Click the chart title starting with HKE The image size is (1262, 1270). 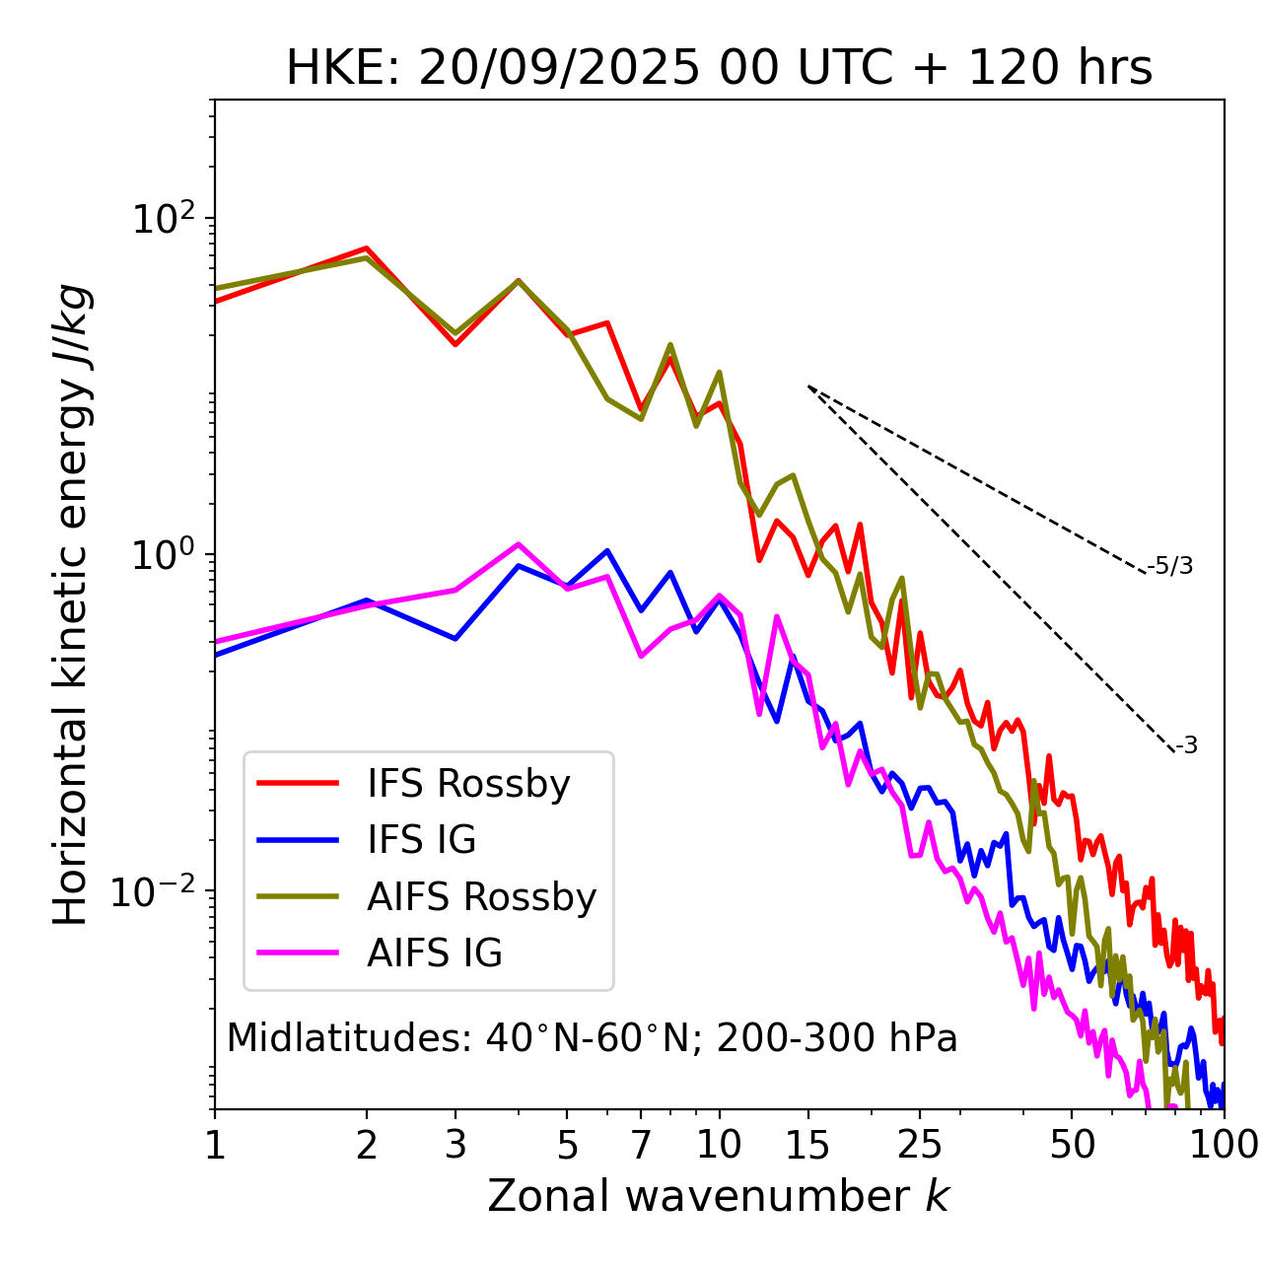pyautogui.click(x=719, y=68)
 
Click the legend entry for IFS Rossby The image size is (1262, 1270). pyautogui.click(x=468, y=784)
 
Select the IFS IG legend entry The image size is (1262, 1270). pyautogui.click(x=421, y=840)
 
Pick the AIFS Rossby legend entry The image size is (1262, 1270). pyautogui.click(x=481, y=897)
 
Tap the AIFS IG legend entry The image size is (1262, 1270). pyautogui.click(x=434, y=953)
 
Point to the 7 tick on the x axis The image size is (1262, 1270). pyautogui.click(x=641, y=1145)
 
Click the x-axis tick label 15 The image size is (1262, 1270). pyautogui.click(x=808, y=1145)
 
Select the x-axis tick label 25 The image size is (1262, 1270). pyautogui.click(x=920, y=1145)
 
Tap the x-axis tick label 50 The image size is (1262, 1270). pyautogui.click(x=1072, y=1145)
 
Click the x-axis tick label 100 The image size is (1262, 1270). pyautogui.click(x=1224, y=1145)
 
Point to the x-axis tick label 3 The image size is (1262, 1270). pyautogui.click(x=456, y=1145)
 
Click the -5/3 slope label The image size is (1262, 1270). pyautogui.click(x=1170, y=566)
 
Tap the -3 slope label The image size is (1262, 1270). pyautogui.click(x=1186, y=746)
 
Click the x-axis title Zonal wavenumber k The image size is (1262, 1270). pyautogui.click(x=719, y=1196)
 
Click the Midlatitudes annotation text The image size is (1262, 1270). pyautogui.click(x=592, y=1038)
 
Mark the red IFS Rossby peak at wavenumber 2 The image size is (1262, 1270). pyautogui.click(x=367, y=248)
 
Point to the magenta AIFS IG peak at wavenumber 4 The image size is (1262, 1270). pyautogui.click(x=518, y=544)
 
